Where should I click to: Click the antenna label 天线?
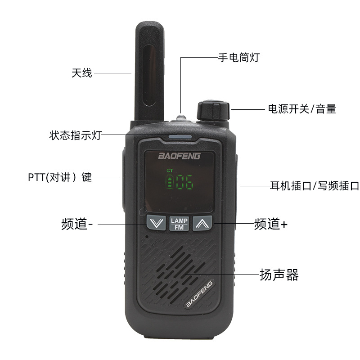81,73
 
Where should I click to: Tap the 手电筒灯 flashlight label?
238,58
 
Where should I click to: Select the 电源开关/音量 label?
301,109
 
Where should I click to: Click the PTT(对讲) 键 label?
59,177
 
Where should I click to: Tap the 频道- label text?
77,224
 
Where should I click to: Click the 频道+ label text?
270,224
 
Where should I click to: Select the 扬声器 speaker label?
279,274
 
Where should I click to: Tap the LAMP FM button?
180,223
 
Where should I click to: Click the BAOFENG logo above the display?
180,156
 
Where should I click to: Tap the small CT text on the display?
169,171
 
